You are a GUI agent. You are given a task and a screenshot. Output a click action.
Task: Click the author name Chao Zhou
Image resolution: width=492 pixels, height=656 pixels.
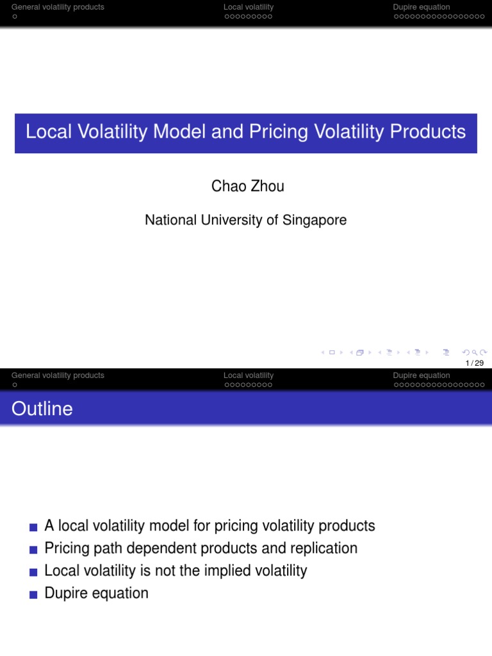click(x=247, y=186)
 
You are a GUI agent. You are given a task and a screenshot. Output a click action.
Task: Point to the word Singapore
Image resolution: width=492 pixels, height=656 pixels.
click(x=314, y=220)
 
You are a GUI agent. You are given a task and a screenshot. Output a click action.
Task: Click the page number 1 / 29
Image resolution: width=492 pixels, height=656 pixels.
click(x=475, y=363)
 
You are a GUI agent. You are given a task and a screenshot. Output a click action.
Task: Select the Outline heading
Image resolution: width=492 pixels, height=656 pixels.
click(x=42, y=409)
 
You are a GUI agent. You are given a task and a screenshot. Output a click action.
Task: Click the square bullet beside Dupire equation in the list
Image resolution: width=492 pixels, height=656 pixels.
click(x=33, y=594)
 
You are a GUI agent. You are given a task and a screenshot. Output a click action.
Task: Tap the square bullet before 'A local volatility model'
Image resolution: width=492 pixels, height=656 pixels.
click(x=33, y=527)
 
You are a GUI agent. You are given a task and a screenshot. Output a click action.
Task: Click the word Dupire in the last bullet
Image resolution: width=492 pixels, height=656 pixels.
click(x=66, y=593)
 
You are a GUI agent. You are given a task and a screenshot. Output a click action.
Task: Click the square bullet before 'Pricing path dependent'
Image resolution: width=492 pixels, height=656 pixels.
click(x=33, y=550)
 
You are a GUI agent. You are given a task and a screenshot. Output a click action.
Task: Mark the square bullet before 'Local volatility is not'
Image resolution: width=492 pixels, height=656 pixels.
click(x=33, y=572)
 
